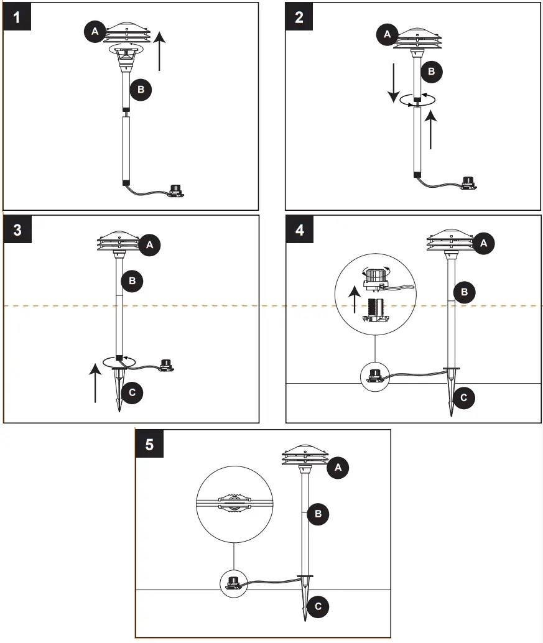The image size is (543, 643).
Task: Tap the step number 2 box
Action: (x=300, y=17)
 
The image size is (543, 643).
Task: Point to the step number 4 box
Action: (x=300, y=229)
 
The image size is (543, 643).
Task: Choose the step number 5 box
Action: (x=150, y=444)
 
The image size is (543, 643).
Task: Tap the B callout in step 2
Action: (x=431, y=72)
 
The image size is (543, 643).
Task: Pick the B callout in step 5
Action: (x=318, y=514)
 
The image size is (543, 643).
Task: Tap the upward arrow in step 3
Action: (x=95, y=383)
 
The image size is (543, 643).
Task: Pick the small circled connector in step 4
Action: (x=374, y=376)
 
